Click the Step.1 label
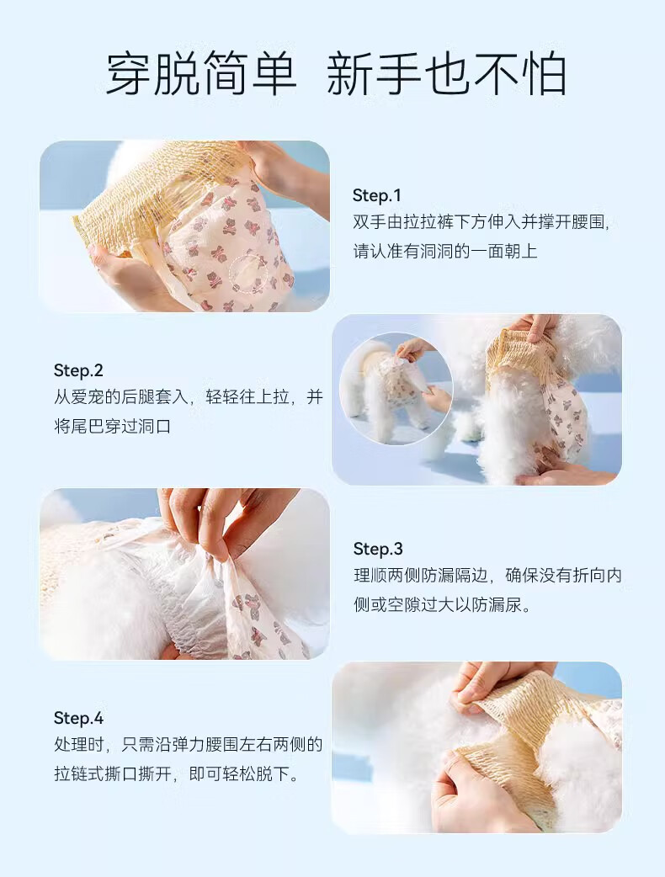point(377,195)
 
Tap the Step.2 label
point(78,370)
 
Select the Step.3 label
point(378,549)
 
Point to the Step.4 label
point(79,718)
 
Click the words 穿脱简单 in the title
point(201,75)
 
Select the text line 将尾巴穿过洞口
point(113,426)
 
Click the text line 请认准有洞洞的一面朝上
point(445,251)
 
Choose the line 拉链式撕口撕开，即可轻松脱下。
point(177,773)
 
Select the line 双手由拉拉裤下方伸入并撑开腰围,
point(481,222)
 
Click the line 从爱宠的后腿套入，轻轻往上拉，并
point(189,397)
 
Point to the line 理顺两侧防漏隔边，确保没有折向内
point(487,576)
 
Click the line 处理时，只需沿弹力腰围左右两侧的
point(189,745)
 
